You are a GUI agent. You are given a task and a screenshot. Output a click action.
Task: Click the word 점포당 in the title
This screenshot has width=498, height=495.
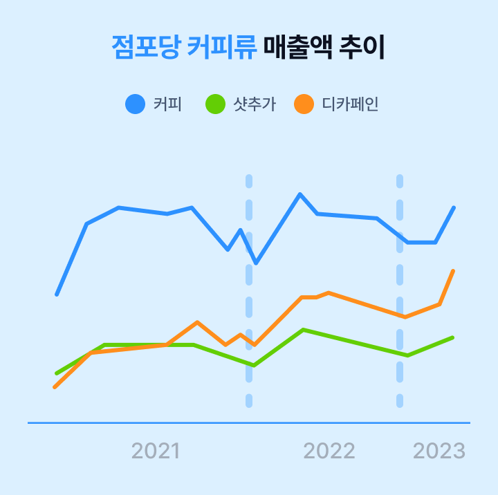pos(146,48)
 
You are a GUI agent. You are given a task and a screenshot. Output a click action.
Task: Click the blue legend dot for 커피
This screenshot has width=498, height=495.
pos(135,104)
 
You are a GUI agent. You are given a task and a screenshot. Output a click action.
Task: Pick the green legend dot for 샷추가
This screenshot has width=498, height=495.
pos(215,104)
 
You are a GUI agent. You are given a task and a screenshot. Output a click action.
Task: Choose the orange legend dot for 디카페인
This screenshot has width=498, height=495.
pos(304,104)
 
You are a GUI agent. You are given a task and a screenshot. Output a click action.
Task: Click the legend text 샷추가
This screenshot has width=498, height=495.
pos(254,104)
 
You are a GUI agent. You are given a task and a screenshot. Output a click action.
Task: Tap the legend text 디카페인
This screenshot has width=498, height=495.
pos(350,104)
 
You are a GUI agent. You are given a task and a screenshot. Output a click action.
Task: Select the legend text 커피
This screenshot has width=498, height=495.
pos(167,104)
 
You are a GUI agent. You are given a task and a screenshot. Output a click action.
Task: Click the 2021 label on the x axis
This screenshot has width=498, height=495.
pos(156,451)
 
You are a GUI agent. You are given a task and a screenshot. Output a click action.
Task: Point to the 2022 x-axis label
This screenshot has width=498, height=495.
pos(329,451)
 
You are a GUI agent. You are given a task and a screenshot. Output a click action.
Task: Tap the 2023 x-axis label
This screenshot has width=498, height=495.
pos(439,451)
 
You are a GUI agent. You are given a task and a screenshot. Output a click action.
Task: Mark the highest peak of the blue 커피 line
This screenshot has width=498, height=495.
pos(300,194)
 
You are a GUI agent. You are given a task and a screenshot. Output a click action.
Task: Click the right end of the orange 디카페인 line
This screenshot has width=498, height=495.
pos(453,271)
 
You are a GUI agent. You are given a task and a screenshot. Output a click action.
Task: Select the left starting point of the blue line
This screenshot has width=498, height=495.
pos(57,295)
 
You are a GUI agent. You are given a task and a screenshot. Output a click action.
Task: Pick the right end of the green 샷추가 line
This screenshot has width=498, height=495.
pos(452,337)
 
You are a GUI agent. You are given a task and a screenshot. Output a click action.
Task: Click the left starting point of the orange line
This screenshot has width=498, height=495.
pos(55,386)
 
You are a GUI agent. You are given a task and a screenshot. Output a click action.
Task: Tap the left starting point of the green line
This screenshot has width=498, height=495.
pos(57,373)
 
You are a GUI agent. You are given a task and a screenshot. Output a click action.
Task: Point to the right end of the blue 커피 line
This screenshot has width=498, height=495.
pos(454,207)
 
